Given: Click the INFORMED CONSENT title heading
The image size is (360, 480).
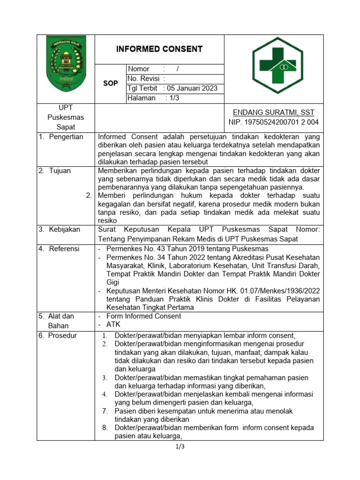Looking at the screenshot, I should (x=159, y=49).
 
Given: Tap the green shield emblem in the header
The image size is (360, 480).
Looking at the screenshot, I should (x=66, y=64).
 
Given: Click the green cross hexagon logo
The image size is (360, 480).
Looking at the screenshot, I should (x=277, y=66).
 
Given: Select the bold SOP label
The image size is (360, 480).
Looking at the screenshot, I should (x=110, y=83).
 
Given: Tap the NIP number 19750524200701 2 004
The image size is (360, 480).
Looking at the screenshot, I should (x=273, y=122).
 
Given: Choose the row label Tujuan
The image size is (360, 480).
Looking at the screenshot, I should (x=60, y=171).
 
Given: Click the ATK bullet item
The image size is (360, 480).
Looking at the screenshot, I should (x=113, y=325).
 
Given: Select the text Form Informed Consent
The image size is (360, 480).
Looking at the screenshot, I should (x=143, y=316).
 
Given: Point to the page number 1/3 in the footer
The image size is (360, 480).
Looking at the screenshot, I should (x=180, y=446).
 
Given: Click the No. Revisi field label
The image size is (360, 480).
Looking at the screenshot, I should (x=146, y=78).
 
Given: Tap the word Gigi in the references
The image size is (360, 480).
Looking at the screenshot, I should (x=113, y=282).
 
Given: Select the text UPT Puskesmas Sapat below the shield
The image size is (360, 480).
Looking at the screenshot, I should (x=66, y=117).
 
